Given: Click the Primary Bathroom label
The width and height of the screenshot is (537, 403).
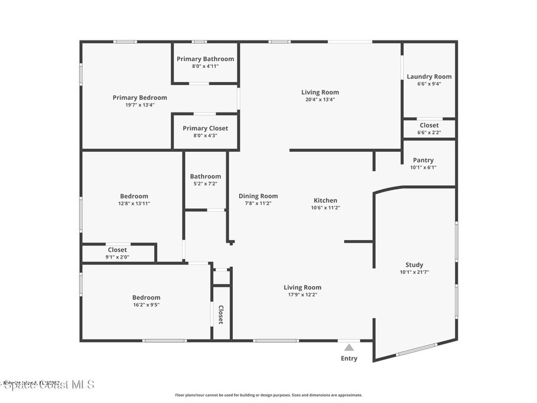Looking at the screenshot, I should (x=205, y=59).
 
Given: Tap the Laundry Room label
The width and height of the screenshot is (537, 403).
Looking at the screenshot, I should (x=429, y=77).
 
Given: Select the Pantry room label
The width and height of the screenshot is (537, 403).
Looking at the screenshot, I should (x=423, y=161).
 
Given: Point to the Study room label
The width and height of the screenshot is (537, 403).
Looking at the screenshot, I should (x=414, y=265).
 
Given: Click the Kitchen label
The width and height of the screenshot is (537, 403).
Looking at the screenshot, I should (x=325, y=200).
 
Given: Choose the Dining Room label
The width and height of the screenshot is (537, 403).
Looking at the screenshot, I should (x=258, y=196).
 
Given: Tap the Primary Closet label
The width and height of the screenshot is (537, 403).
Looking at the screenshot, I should (x=205, y=129).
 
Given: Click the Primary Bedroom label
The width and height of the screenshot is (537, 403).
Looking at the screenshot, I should (x=140, y=98).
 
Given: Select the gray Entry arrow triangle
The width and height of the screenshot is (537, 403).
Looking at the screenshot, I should (x=349, y=347).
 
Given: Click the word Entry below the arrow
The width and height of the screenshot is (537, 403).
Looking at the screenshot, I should (x=349, y=358).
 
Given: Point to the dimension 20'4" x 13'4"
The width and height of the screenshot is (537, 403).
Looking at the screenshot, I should (x=320, y=100).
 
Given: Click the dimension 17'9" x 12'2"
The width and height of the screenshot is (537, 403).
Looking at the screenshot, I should (x=303, y=295).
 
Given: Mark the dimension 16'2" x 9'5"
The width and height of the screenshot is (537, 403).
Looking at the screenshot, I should (x=146, y=305).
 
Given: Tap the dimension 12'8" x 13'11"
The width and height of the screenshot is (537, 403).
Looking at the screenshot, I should (x=134, y=204).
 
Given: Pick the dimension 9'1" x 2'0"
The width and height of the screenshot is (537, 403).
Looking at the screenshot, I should (x=117, y=257).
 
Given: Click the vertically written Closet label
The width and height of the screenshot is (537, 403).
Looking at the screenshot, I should (x=221, y=314).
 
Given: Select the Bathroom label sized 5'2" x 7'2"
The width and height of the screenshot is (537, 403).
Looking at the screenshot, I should (x=205, y=177).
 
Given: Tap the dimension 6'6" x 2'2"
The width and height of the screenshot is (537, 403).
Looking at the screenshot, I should (x=429, y=133).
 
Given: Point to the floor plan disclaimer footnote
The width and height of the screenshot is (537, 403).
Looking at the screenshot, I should (x=268, y=395).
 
